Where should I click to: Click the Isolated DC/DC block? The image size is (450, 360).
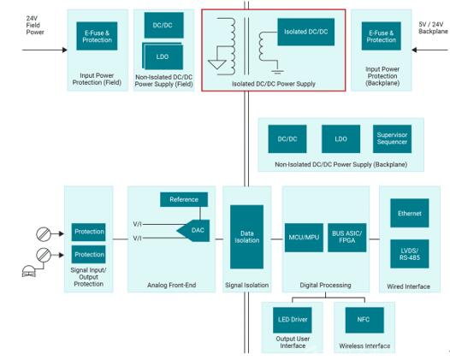click(306, 32)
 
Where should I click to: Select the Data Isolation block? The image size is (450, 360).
click(246, 237)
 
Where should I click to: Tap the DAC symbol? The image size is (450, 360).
click(193, 230)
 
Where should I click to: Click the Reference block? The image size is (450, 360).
click(184, 199)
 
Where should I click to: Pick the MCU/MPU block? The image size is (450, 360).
click(304, 238)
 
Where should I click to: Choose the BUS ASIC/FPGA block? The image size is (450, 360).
click(347, 238)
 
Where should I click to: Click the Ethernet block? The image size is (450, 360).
click(410, 213)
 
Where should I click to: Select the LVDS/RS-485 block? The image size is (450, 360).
click(410, 254)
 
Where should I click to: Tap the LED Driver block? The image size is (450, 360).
click(293, 320)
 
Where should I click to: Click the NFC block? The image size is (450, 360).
click(364, 320)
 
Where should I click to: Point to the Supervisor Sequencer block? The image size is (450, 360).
click(392, 139)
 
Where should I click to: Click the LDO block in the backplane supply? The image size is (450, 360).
click(341, 139)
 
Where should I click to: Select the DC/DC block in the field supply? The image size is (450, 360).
click(164, 26)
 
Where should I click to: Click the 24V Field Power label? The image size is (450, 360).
click(35, 26)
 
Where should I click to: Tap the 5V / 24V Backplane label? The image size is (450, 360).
click(434, 28)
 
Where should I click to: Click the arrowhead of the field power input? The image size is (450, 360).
click(65, 50)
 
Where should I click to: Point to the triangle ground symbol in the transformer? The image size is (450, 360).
click(217, 64)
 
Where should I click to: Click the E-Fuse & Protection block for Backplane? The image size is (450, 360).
click(381, 36)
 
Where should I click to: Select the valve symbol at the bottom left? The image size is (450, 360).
click(29, 271)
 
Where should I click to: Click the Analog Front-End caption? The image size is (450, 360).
click(172, 285)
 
